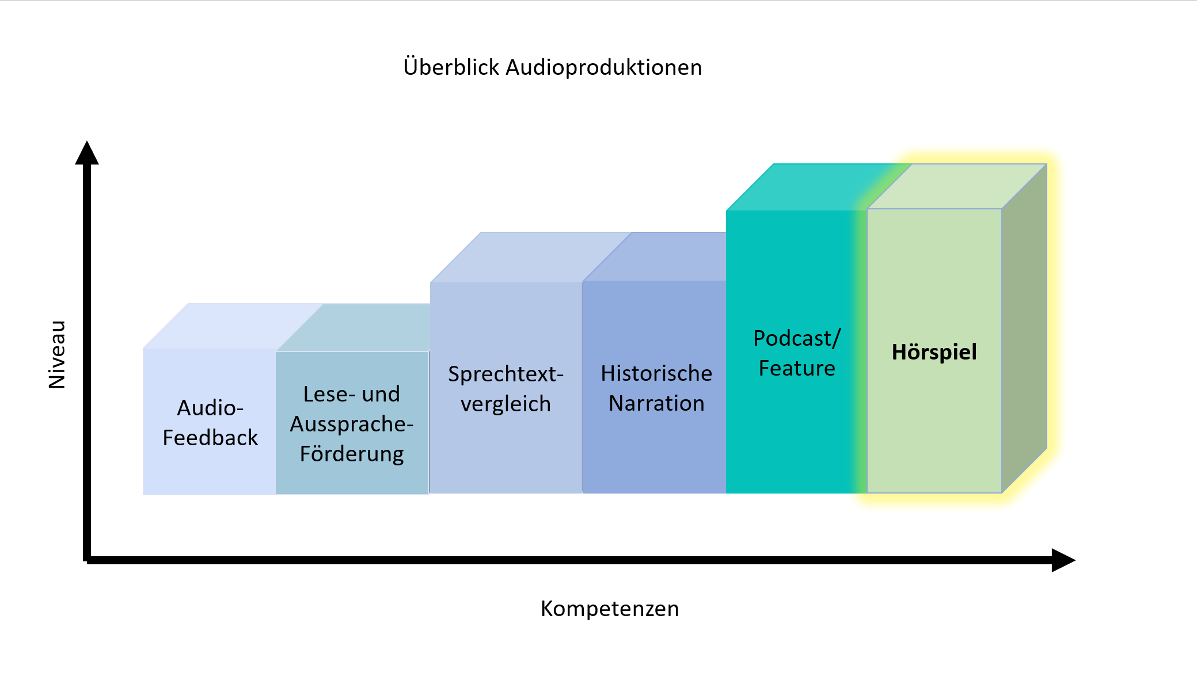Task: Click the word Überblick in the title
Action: (451, 67)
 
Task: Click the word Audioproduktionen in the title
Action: (604, 68)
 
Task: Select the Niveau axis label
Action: (57, 354)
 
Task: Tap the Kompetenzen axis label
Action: (610, 609)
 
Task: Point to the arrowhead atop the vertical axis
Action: (87, 153)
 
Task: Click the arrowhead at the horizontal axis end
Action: (1063, 560)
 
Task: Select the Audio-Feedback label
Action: (210, 423)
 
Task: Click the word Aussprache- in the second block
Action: (352, 424)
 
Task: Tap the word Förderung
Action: (352, 454)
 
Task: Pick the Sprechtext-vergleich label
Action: (506, 389)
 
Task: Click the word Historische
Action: (656, 373)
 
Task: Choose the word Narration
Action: (656, 403)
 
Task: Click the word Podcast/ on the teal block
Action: (797, 338)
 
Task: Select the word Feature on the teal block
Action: (797, 368)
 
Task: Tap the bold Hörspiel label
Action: (934, 352)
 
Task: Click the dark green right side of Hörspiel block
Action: (1024, 328)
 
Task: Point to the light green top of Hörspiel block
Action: (957, 186)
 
